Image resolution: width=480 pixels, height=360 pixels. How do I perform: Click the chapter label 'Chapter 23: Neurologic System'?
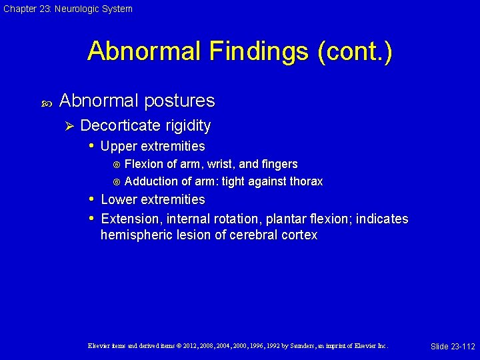(67, 9)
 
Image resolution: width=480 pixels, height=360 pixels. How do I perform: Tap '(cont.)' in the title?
(355, 51)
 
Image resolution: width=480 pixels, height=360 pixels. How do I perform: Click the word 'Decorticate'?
(119, 125)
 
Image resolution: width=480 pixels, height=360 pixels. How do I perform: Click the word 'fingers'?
(280, 164)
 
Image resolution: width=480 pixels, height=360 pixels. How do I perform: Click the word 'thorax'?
(305, 181)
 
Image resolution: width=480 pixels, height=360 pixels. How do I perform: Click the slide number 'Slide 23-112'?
(453, 346)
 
